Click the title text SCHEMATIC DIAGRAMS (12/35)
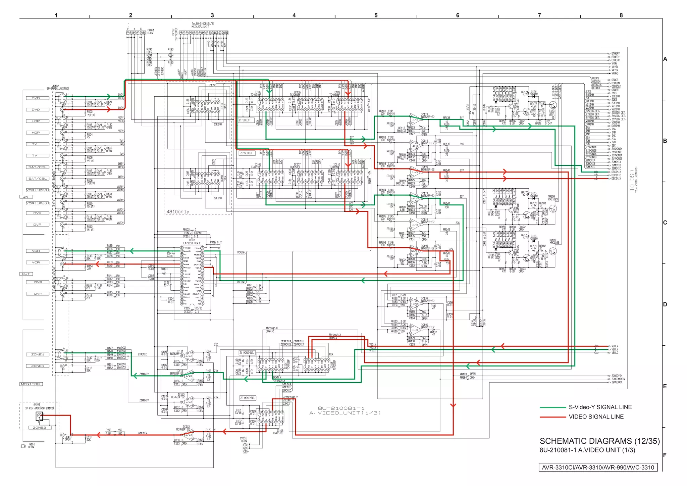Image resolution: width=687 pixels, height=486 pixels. [x=599, y=441]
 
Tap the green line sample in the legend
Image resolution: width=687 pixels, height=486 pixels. [x=552, y=407]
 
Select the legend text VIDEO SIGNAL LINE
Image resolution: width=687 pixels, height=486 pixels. [x=596, y=417]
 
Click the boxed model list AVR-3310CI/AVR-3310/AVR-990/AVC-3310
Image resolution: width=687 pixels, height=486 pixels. [x=598, y=468]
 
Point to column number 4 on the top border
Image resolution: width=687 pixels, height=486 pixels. [x=294, y=15]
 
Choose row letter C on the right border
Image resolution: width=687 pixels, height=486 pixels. [x=665, y=223]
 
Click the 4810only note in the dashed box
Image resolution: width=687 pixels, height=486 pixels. [x=178, y=212]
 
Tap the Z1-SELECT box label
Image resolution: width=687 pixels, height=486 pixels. [x=245, y=120]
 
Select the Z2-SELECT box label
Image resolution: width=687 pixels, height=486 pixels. [x=246, y=153]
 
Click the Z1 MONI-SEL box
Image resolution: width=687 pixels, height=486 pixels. [x=247, y=353]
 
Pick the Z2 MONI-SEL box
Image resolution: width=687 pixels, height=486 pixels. [x=247, y=398]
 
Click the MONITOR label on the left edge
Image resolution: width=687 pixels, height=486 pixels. [x=31, y=384]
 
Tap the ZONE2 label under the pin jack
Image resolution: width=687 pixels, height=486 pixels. [x=39, y=428]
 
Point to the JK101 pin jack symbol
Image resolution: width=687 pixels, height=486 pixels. [x=40, y=416]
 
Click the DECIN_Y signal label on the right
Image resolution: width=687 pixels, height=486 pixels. [x=616, y=172]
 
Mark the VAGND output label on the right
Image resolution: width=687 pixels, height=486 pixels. [x=615, y=73]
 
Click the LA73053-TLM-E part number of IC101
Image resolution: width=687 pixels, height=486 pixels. [x=192, y=243]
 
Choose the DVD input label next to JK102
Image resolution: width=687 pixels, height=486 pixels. [x=36, y=98]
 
